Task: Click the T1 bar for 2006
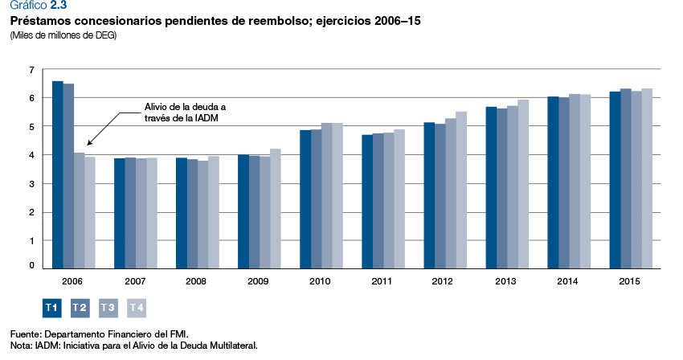pos(57,174)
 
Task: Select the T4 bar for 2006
pos(89,211)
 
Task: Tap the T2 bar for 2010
pos(316,198)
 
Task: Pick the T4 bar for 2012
pos(460,189)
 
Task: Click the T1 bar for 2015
pos(615,179)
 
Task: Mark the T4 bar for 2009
pos(275,207)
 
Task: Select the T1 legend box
pos(51,307)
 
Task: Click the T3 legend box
pos(108,307)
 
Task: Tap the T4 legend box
pos(137,307)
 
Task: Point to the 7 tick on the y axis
pos(31,70)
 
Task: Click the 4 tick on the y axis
pos(31,155)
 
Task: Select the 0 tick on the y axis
pos(31,265)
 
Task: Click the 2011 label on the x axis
pos(382,281)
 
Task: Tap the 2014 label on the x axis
pos(569,281)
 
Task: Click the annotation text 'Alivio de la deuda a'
pos(185,106)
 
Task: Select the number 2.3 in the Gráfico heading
pos(59,6)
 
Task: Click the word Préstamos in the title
pos(39,20)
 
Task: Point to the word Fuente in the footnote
pos(25,333)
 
